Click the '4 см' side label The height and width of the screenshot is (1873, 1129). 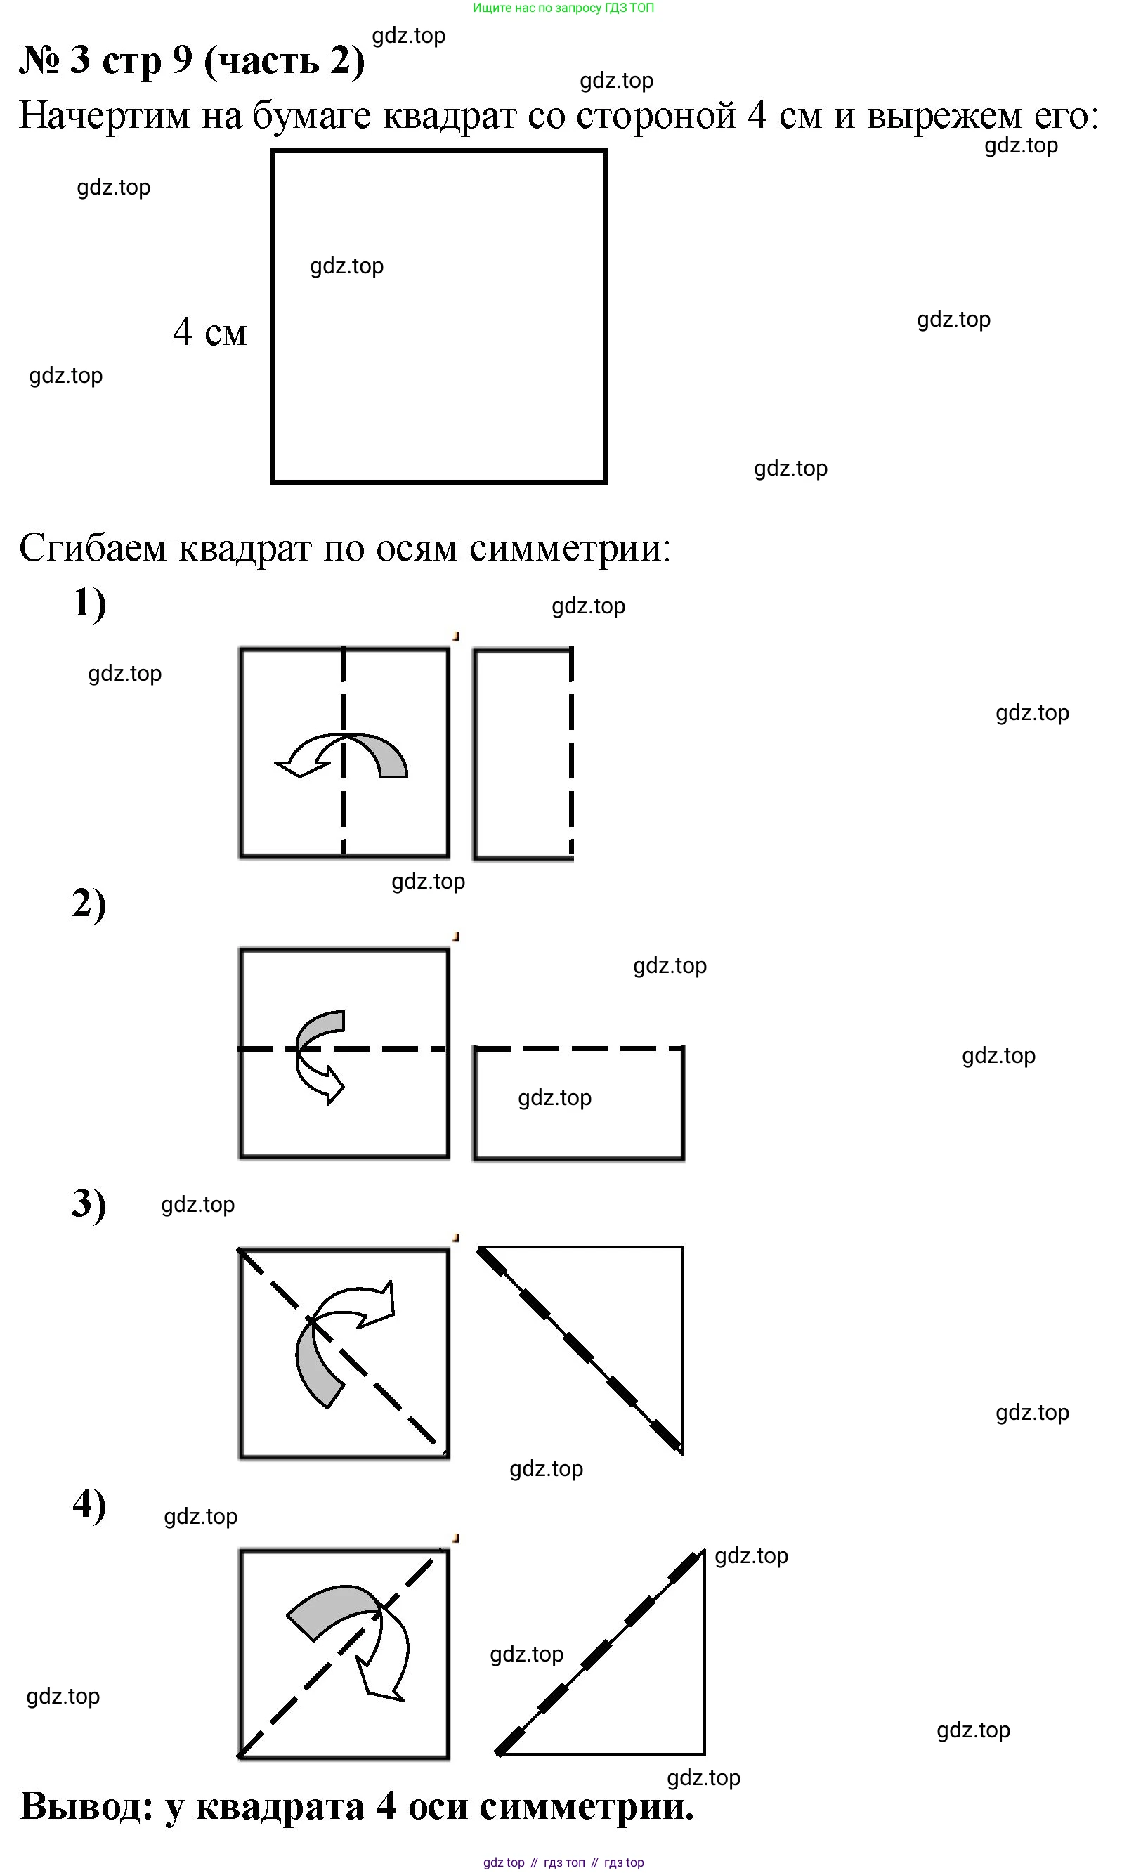tap(209, 332)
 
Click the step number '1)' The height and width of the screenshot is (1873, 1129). tap(89, 604)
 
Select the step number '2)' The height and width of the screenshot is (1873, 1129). tap(89, 903)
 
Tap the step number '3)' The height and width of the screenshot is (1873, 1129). tap(89, 1204)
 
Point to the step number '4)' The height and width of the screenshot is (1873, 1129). tap(89, 1504)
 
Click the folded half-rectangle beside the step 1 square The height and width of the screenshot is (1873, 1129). tap(523, 754)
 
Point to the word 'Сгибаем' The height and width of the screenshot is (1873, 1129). tap(92, 548)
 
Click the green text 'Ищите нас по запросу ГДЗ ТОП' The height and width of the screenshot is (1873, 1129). tap(563, 8)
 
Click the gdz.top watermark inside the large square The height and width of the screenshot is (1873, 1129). tap(346, 266)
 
